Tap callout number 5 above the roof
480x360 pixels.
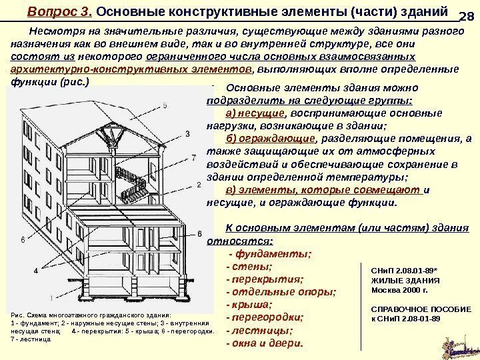click(164, 105)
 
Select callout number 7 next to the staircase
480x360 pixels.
click(193, 157)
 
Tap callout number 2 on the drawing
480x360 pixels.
click(199, 185)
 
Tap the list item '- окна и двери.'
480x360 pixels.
click(265, 343)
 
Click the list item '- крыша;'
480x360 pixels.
click(250, 305)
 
